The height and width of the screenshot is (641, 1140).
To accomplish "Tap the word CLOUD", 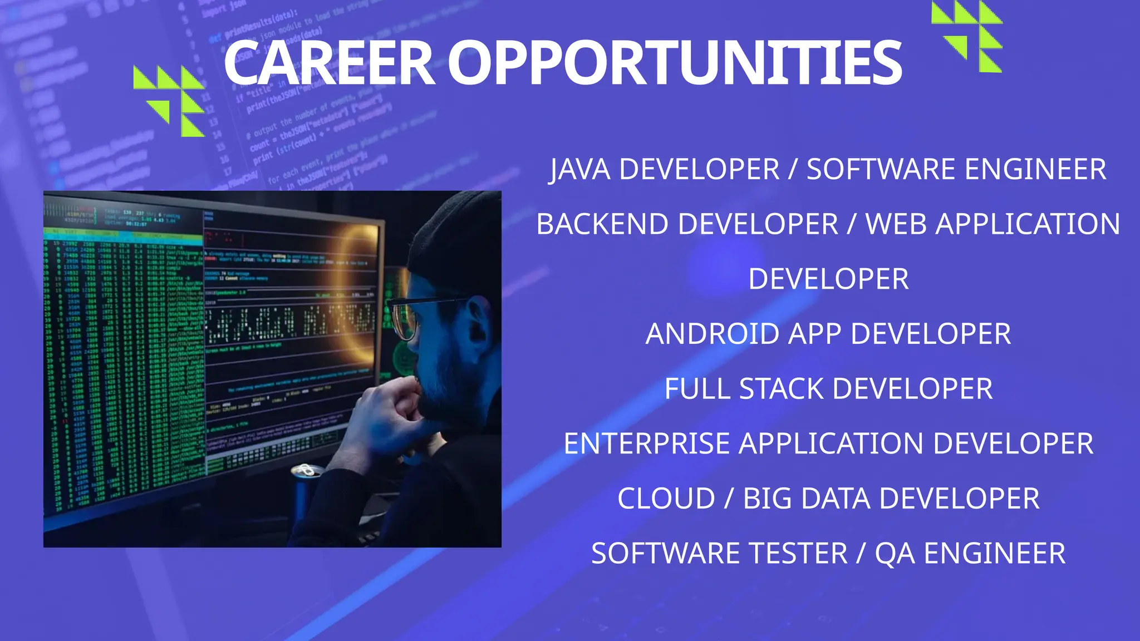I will coord(666,499).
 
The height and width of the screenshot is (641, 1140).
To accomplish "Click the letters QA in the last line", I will coord(895,554).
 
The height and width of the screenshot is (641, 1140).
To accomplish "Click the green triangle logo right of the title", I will coord(968,37).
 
